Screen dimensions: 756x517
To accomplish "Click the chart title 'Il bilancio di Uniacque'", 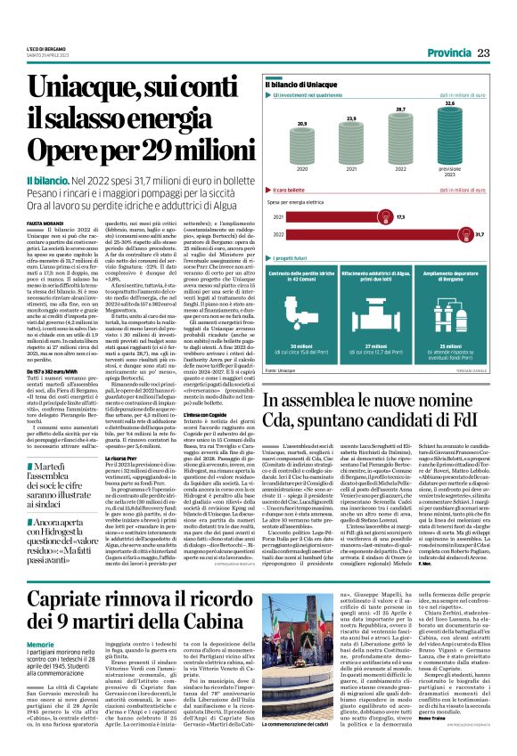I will [321, 83].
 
